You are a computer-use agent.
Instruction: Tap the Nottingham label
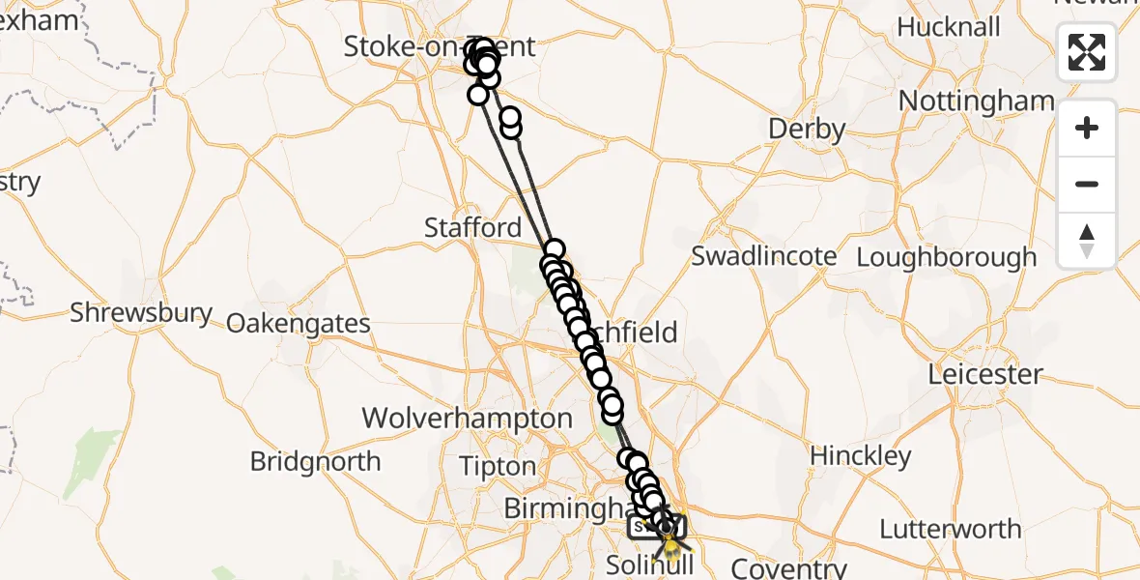976,101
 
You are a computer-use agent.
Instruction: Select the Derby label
807,129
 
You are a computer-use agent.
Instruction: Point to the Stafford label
473,227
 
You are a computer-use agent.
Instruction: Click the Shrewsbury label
141,312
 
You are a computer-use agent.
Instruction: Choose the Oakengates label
299,323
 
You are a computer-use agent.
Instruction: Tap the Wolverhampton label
467,419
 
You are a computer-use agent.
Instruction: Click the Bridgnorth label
315,461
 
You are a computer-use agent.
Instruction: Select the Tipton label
498,466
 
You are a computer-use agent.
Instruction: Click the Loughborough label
947,258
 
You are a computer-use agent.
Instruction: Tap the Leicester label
985,374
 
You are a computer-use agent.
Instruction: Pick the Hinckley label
861,455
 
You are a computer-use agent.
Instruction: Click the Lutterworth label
950,529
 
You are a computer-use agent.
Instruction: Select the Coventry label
789,566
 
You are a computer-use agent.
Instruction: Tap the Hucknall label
949,27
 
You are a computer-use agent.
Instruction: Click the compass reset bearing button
1087,241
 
